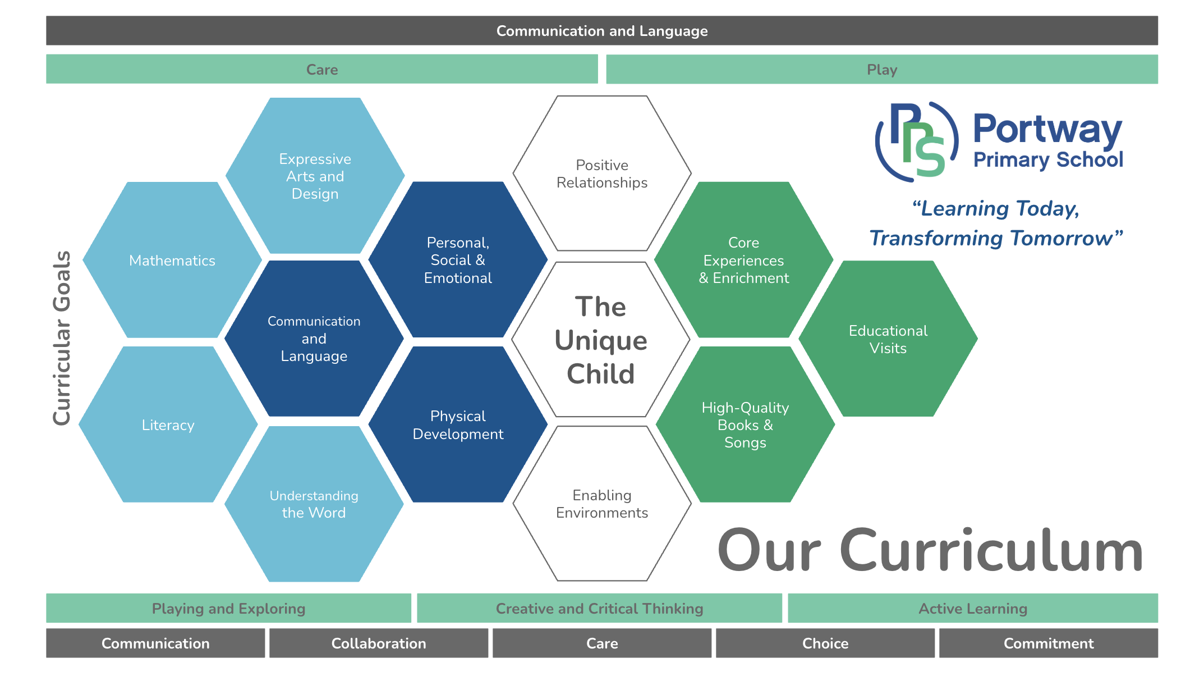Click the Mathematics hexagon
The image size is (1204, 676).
(x=172, y=260)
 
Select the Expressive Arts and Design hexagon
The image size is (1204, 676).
(x=315, y=176)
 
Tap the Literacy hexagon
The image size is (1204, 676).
(x=168, y=424)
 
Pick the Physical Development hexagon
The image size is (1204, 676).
(x=458, y=424)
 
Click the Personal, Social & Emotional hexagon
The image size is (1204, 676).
(x=458, y=260)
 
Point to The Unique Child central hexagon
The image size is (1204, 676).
(x=601, y=340)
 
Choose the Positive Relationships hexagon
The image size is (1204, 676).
(x=602, y=173)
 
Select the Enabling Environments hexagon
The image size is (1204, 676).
(x=602, y=504)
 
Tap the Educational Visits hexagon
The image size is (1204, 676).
(x=888, y=339)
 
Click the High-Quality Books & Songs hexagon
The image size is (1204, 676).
(x=745, y=424)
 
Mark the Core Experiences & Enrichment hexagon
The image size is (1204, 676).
(x=744, y=260)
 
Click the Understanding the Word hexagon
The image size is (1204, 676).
(x=314, y=504)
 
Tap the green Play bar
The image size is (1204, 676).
(x=882, y=69)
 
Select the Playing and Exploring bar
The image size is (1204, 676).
(x=228, y=608)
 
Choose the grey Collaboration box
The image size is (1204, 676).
(x=379, y=643)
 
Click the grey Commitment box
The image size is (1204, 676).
(x=1049, y=643)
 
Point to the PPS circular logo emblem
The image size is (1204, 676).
(x=917, y=141)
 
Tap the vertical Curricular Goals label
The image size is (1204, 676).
(x=62, y=338)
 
